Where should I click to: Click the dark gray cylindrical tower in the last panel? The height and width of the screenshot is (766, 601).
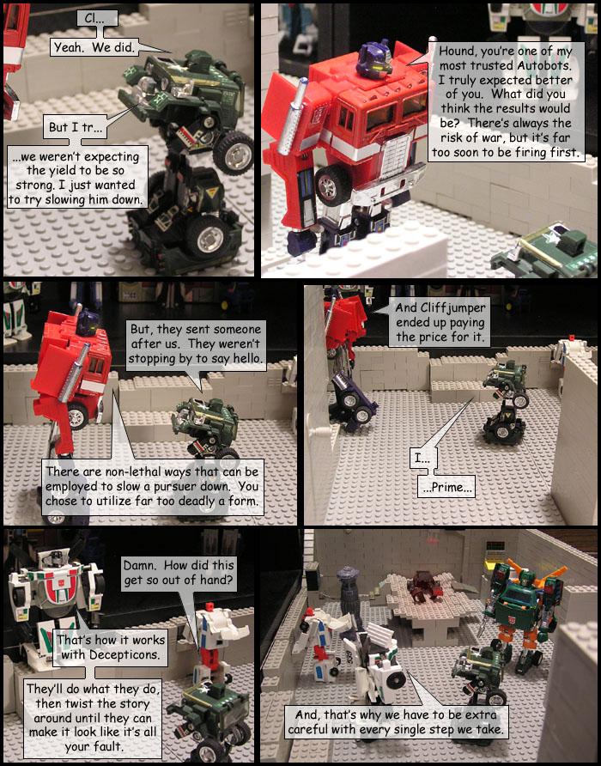tap(348, 587)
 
